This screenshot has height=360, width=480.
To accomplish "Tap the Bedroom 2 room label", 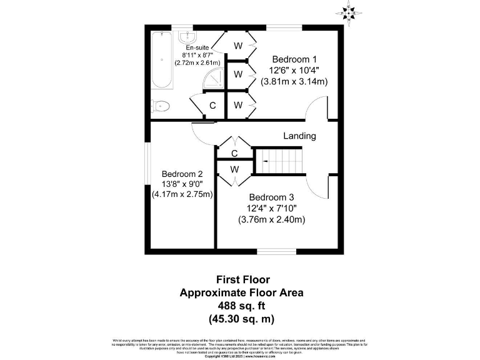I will (x=182, y=174).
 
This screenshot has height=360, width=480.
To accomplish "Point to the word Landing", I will (x=299, y=136).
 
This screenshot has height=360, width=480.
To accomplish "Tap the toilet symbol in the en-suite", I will (x=161, y=106).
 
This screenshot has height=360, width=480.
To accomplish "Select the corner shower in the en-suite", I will (x=215, y=78).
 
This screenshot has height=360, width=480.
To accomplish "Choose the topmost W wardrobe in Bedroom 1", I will (x=238, y=46).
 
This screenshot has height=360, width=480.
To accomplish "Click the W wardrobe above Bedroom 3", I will (x=234, y=169).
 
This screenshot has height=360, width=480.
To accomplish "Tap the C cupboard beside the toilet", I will (x=212, y=106).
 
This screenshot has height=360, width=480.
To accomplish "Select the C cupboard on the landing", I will (x=234, y=153).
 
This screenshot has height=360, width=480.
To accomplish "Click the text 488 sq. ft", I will (x=242, y=306).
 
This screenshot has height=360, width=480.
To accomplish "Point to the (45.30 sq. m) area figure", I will (x=242, y=319).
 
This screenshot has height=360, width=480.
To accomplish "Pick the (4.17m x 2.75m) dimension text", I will (x=182, y=194).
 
